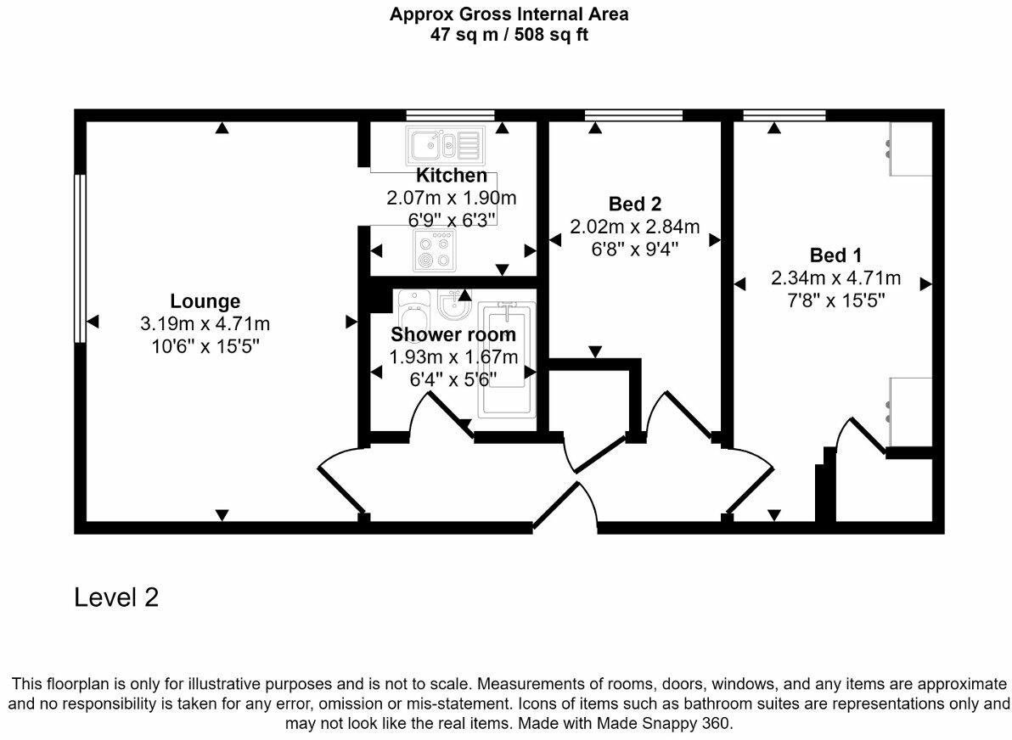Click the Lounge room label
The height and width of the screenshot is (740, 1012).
click(x=205, y=301)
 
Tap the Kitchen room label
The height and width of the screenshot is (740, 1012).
click(x=451, y=175)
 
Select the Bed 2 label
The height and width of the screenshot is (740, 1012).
click(x=635, y=205)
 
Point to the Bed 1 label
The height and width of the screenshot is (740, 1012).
click(x=835, y=255)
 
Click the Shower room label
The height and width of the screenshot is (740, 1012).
click(x=453, y=334)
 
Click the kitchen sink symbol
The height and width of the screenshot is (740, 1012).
click(x=445, y=144)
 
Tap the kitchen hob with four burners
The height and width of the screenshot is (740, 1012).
click(x=434, y=251)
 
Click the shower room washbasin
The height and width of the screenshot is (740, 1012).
click(x=456, y=305)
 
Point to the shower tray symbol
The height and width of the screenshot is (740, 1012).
click(x=507, y=358)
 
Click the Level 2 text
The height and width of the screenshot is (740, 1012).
click(x=116, y=597)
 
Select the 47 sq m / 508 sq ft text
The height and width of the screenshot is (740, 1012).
click(x=509, y=34)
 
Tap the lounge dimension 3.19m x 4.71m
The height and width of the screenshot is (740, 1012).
click(x=205, y=324)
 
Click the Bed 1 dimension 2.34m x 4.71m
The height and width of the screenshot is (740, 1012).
click(x=835, y=278)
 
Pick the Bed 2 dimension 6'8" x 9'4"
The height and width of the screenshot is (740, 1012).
click(x=635, y=249)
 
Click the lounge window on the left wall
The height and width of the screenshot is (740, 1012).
click(x=80, y=258)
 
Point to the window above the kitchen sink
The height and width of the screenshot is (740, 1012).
click(x=451, y=115)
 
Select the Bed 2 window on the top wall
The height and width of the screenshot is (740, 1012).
click(x=634, y=115)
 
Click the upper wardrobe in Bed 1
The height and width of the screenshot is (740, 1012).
click(x=911, y=149)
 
